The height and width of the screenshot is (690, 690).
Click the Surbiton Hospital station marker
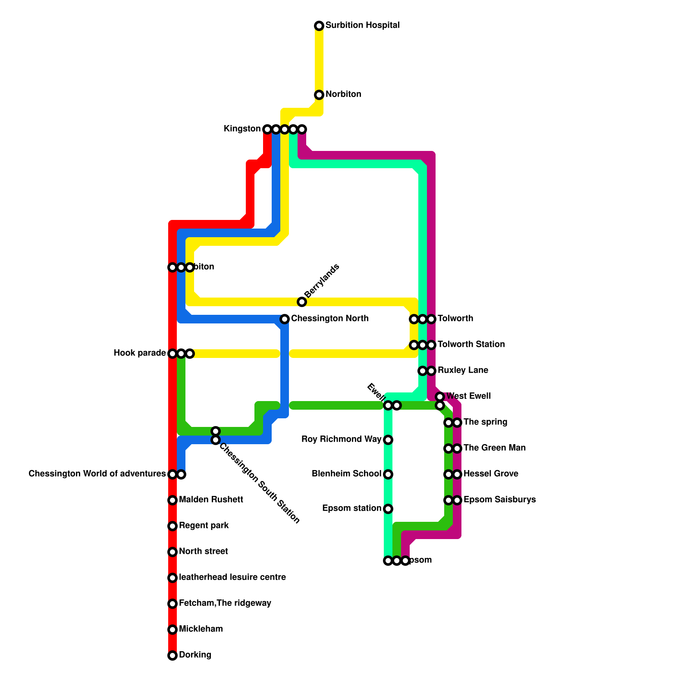click(x=319, y=26)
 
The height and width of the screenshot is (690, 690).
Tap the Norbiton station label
click(x=343, y=94)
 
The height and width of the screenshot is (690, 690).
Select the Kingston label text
click(x=242, y=129)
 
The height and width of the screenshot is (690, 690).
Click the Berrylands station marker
click(x=302, y=302)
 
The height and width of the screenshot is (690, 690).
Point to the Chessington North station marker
click(x=285, y=319)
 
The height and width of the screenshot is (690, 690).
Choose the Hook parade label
click(x=140, y=353)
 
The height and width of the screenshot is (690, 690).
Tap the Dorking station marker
click(x=172, y=655)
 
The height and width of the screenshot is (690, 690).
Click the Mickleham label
click(x=201, y=629)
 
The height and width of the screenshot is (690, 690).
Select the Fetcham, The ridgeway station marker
click(x=172, y=604)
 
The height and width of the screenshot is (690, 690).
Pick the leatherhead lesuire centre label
click(x=232, y=577)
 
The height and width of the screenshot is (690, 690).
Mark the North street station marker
click(x=172, y=552)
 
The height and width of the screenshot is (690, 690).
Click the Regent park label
click(x=204, y=526)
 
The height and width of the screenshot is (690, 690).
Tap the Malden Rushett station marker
click(x=172, y=500)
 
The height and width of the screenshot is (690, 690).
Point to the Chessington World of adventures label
click(x=97, y=474)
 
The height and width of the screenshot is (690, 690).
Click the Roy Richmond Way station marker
click(x=388, y=440)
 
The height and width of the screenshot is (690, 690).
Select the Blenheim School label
click(x=346, y=474)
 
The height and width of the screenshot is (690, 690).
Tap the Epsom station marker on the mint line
click(x=388, y=561)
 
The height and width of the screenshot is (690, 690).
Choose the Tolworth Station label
click(x=471, y=345)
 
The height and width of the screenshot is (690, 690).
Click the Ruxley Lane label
click(x=463, y=370)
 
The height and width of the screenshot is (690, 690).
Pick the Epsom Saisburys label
click(x=499, y=500)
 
